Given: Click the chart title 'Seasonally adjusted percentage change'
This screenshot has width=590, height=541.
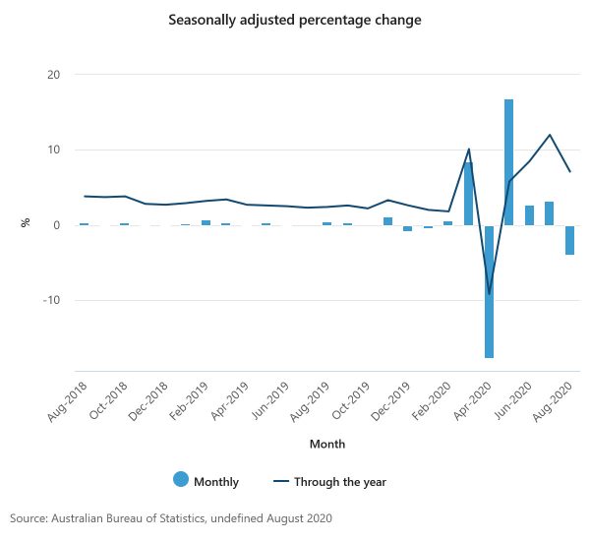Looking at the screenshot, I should [295, 20].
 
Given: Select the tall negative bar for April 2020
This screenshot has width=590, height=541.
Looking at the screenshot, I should [489, 291].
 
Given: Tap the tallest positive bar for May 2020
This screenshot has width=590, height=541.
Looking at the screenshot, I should [508, 162].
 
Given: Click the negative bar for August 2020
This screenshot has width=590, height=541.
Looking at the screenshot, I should [569, 239].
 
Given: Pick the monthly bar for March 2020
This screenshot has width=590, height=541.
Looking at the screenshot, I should [468, 193].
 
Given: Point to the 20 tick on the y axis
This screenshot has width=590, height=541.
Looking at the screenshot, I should [53, 75].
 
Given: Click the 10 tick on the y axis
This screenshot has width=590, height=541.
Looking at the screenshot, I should [53, 150].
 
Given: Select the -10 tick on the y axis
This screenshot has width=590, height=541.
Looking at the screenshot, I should [50, 300].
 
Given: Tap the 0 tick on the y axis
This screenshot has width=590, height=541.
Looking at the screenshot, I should [57, 225].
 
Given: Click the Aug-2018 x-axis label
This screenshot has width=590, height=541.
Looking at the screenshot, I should [65, 401].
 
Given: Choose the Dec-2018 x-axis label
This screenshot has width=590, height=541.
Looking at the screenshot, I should [146, 401].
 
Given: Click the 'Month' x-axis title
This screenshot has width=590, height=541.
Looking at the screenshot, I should [327, 444].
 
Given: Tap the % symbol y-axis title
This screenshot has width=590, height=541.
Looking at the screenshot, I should [26, 223].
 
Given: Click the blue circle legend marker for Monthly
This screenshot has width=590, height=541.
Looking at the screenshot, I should [181, 481].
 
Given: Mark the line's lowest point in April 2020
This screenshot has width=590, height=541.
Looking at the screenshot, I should [489, 294].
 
